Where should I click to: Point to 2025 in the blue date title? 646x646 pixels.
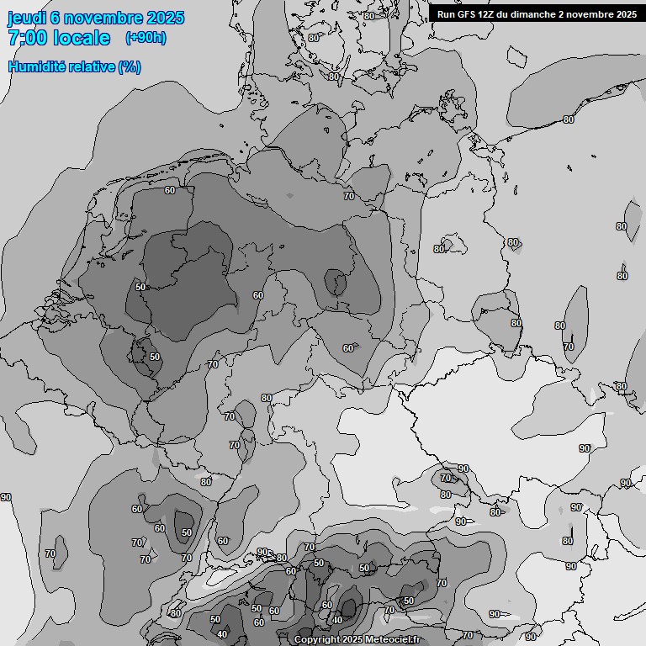pyautogui.click(x=166, y=18)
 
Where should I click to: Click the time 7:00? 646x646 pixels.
pyautogui.click(x=33, y=38)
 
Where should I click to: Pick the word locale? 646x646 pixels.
pyautogui.click(x=83, y=38)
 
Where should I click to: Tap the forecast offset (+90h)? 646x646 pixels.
pyautogui.click(x=146, y=38)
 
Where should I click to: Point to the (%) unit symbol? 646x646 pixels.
pyautogui.click(x=130, y=66)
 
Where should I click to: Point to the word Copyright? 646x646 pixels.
pyautogui.click(x=316, y=640)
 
